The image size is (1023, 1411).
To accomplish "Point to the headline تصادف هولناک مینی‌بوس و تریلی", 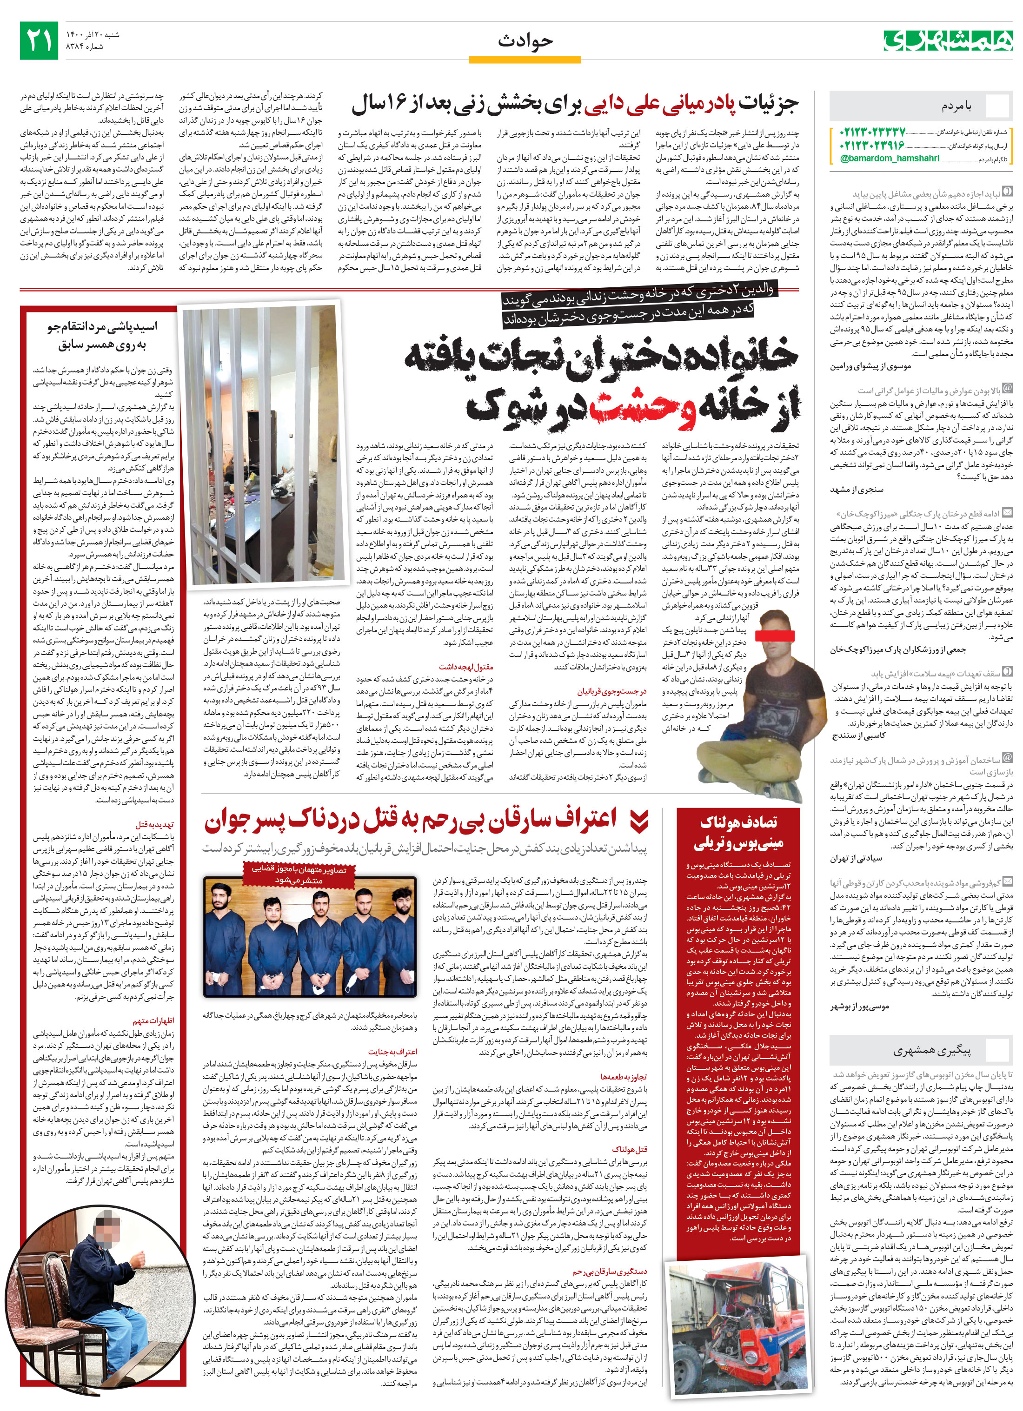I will pyautogui.click(x=738, y=833).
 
